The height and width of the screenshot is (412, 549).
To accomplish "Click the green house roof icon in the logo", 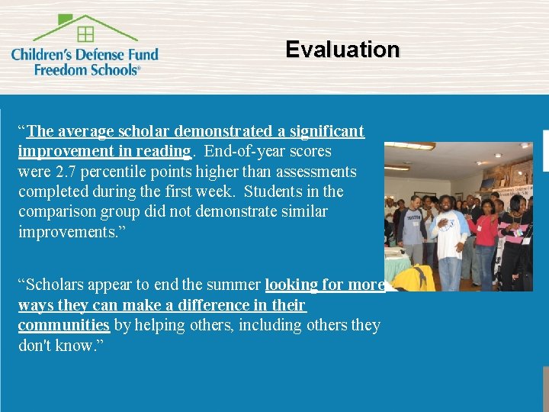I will [x=85, y=28].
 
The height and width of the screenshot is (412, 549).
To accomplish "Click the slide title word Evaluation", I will [x=342, y=50].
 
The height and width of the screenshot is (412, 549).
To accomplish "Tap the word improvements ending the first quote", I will [x=66, y=231].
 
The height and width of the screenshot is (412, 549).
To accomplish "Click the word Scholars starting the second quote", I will [x=55, y=285].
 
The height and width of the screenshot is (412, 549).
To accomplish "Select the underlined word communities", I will [x=64, y=325].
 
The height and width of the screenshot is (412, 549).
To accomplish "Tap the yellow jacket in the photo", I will [x=413, y=278].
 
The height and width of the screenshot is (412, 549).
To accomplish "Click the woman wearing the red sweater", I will [x=486, y=237].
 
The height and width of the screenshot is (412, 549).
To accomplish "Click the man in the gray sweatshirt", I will [x=413, y=229].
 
